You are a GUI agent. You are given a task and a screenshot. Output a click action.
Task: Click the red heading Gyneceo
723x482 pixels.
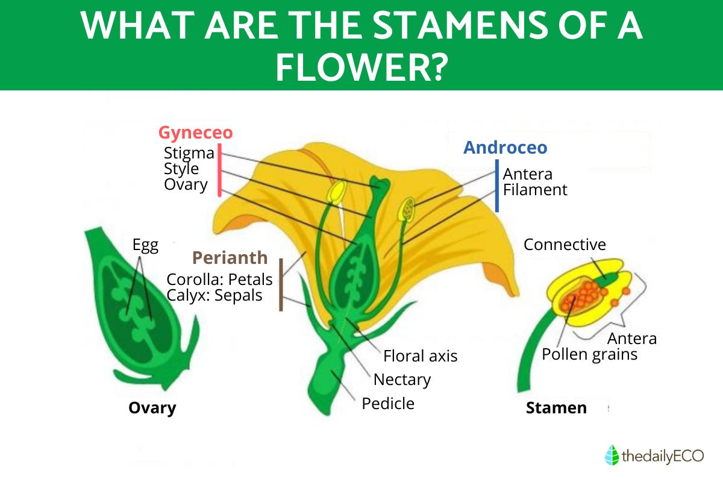(x=196, y=133)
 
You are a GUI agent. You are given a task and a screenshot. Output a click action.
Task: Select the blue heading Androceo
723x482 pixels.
(x=505, y=148)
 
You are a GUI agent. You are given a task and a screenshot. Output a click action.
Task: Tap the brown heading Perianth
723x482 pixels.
(x=230, y=258)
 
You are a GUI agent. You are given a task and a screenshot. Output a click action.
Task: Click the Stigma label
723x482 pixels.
(x=189, y=153)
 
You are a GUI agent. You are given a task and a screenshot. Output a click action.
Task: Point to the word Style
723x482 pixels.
(x=181, y=169)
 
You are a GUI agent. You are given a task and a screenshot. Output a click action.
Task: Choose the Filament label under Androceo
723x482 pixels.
(x=535, y=190)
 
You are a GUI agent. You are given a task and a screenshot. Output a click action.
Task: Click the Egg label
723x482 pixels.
(x=145, y=245)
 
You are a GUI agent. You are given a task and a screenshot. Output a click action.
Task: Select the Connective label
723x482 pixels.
(x=565, y=245)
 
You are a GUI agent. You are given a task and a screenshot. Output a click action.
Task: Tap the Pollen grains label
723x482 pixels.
(x=589, y=354)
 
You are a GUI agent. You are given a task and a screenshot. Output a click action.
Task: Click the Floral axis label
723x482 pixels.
(x=421, y=356)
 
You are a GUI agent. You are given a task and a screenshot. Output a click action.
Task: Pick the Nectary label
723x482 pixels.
(x=402, y=380)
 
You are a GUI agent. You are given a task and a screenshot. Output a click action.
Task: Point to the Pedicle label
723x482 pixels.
(x=388, y=404)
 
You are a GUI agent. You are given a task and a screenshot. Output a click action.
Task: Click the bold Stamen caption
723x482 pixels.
(x=556, y=408)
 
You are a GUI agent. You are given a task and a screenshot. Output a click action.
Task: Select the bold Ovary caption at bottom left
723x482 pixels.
(x=152, y=408)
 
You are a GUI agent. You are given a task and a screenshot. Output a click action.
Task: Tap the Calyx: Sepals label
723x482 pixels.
(x=214, y=296)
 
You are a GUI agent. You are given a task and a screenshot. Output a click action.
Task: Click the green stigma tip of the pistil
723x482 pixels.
(x=380, y=183)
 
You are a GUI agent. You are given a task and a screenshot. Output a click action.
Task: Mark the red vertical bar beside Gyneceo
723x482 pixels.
(x=219, y=170)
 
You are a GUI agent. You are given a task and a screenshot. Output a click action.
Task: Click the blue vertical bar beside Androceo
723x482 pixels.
(x=496, y=186)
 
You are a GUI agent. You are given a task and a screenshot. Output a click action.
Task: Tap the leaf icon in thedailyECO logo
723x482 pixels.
(x=612, y=455)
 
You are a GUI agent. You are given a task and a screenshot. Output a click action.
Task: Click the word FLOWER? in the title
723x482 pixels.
(x=361, y=67)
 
